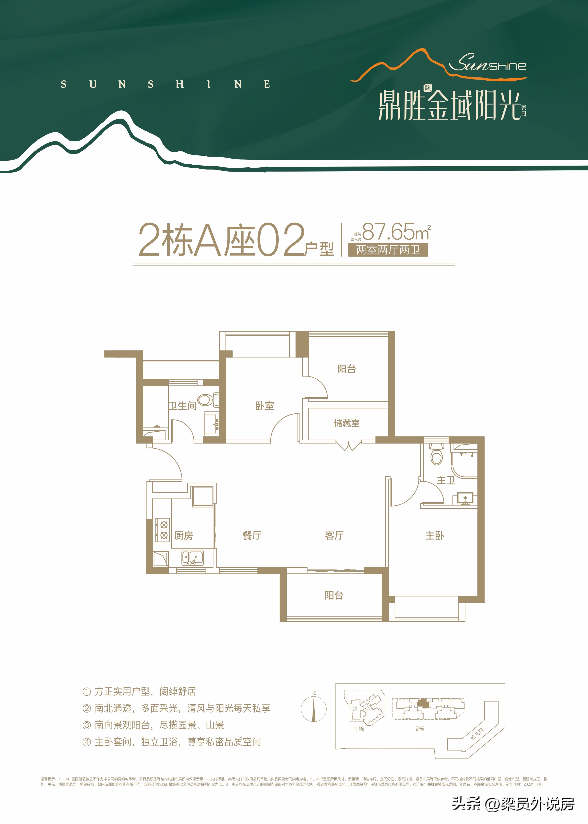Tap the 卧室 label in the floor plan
(264, 406)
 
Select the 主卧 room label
(434, 535)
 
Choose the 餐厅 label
(252, 535)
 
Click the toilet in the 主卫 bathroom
(436, 456)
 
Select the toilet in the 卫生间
(207, 400)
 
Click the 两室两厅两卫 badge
(387, 250)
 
